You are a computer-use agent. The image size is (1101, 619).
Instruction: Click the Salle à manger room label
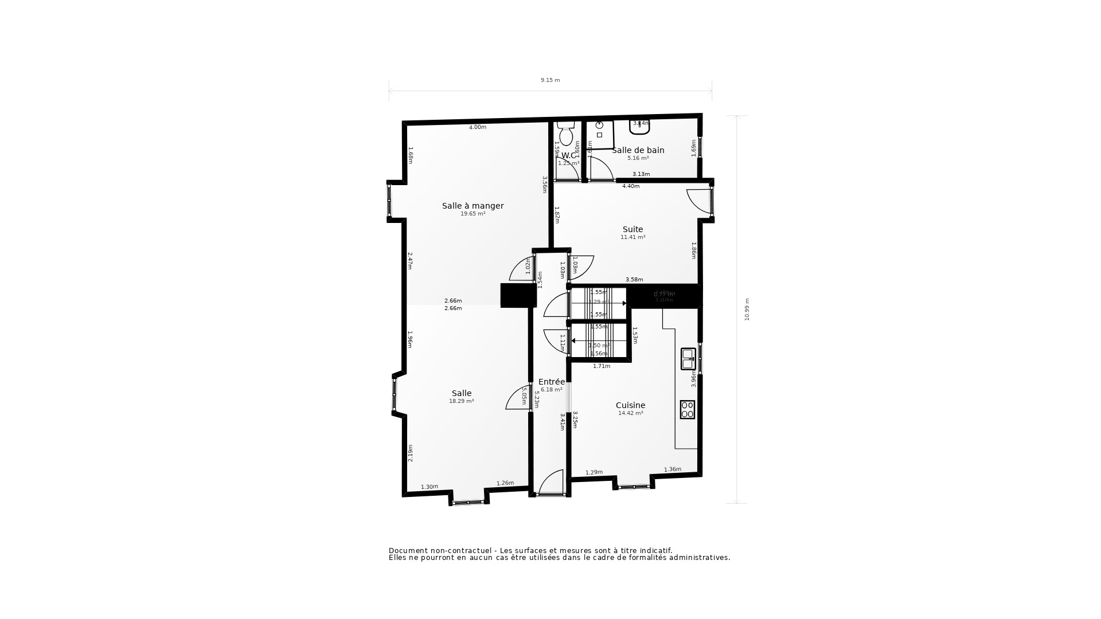point(473,206)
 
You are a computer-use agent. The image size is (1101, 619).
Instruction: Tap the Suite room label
point(633,229)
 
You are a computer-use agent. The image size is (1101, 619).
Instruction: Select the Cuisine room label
point(630,405)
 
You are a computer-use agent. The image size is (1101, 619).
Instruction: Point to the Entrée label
point(552,382)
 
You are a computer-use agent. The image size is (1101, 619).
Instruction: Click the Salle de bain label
point(638,150)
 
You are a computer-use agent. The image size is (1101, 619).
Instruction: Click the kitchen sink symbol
point(688,359)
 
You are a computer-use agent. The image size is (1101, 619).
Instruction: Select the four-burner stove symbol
point(688,410)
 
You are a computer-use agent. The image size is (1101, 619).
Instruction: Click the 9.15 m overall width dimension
point(550,80)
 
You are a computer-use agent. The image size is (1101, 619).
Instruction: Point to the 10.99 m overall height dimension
point(747,309)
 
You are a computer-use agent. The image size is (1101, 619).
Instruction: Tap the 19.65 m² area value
point(473,214)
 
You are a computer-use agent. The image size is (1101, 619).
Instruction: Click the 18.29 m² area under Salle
point(461,401)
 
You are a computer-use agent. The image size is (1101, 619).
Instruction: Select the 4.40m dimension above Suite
point(631,186)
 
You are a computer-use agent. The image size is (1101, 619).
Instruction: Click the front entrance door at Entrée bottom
point(551,483)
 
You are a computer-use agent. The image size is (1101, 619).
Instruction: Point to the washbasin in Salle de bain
point(639,127)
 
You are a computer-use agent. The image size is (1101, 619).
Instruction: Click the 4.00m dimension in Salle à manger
point(478,127)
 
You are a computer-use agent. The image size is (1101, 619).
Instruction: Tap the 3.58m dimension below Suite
point(634,280)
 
